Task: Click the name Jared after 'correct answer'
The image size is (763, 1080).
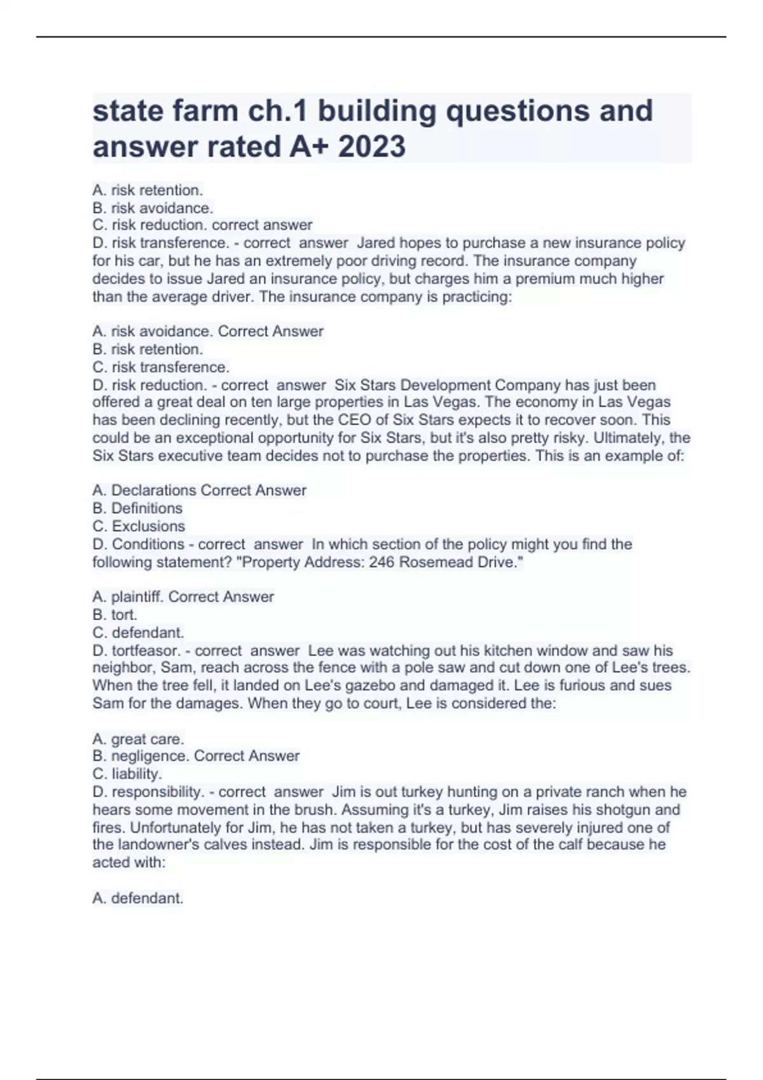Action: (376, 243)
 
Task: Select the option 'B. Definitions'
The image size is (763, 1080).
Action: (137, 508)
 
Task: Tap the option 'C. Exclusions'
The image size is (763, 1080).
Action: (139, 526)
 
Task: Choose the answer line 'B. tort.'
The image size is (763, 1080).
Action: (114, 614)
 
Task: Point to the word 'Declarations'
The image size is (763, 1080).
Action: (153, 490)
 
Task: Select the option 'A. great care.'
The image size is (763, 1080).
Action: (138, 739)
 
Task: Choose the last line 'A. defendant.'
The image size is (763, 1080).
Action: (138, 898)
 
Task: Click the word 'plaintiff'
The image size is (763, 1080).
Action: (137, 597)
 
